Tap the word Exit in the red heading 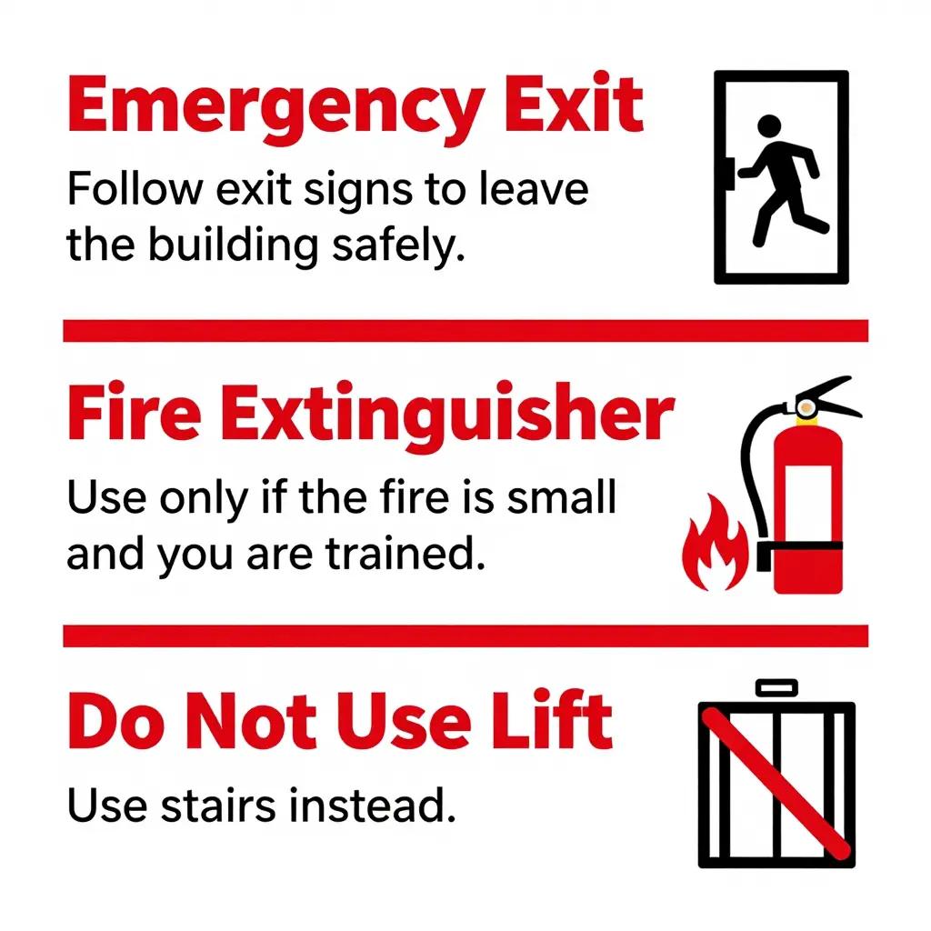coord(575,103)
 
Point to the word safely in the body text coord(397,245)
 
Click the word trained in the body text coord(405,553)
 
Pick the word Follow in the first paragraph coord(135,188)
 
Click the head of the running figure coord(769,125)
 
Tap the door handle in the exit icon coord(731,174)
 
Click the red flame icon coord(715,544)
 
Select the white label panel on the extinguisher coord(808,503)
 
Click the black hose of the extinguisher coord(749,469)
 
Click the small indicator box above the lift coord(776,687)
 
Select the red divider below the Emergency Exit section coord(465,331)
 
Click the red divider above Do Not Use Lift coord(465,636)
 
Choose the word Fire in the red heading coord(135,411)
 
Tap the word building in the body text coord(233,245)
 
